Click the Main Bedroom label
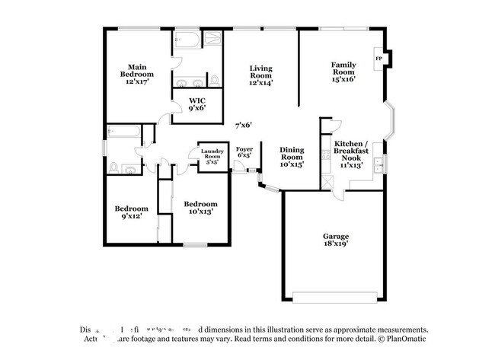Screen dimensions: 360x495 [x=137, y=74]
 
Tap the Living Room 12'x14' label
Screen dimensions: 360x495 [x=261, y=74]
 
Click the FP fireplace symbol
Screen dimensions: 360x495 [x=378, y=58]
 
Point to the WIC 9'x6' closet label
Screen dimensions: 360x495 [x=197, y=104]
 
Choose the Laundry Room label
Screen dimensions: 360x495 [x=212, y=157]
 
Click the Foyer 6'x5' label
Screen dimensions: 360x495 [x=244, y=151]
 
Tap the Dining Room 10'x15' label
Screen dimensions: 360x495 [x=292, y=156]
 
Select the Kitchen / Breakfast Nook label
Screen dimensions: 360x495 [x=351, y=153]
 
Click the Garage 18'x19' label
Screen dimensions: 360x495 [x=336, y=241]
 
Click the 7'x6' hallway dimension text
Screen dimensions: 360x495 [x=243, y=125]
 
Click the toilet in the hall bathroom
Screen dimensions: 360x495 [x=114, y=167]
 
